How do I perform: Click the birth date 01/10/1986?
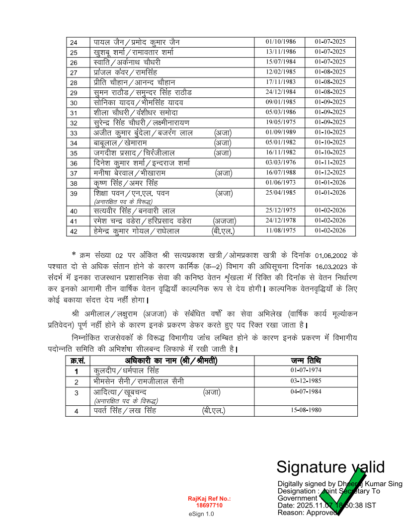pyautogui.click(x=281, y=42)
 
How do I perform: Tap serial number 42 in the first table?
pyautogui.click(x=74, y=231)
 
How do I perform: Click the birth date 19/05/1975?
pyautogui.click(x=281, y=122)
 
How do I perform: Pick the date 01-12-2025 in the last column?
pyautogui.click(x=330, y=173)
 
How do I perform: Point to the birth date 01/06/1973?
pyautogui.click(x=281, y=183)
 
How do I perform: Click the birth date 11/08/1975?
pyautogui.click(x=281, y=231)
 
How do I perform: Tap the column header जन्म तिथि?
pyautogui.click(x=306, y=361)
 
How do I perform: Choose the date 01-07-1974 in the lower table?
pyautogui.click(x=306, y=371)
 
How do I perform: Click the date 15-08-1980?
pyautogui.click(x=306, y=411)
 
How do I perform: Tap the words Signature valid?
pyautogui.click(x=330, y=467)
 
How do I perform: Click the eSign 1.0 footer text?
pyautogui.click(x=201, y=514)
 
